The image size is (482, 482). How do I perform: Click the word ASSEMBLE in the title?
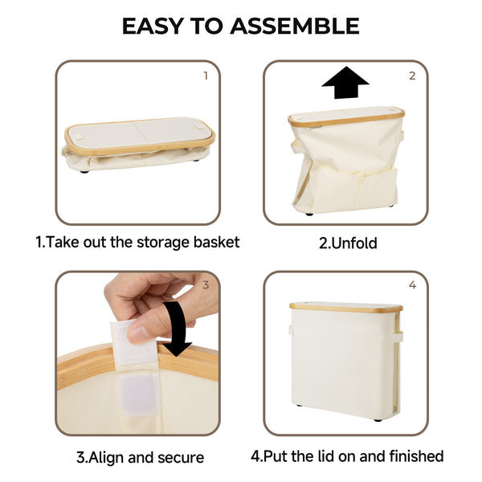pyautogui.click(x=295, y=26)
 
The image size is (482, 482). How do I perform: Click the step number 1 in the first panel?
pyautogui.click(x=206, y=76)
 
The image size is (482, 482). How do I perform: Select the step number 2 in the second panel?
pyautogui.click(x=412, y=76)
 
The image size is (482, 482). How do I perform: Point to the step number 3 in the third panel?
pyautogui.click(x=206, y=284)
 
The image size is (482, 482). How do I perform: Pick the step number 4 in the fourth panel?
pyautogui.click(x=412, y=284)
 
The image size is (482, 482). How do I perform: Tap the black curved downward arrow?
pyautogui.click(x=180, y=326)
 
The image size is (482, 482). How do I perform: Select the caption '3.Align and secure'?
pyautogui.click(x=140, y=457)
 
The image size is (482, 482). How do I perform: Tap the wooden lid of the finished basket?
pyautogui.click(x=345, y=307)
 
